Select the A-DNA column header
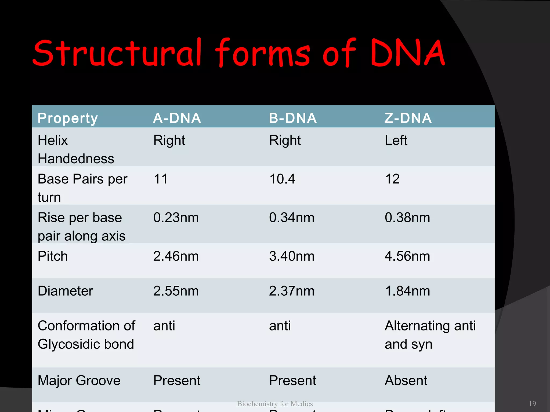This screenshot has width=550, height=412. (177, 118)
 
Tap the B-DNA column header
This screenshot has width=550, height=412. (293, 118)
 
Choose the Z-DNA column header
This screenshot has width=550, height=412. (408, 118)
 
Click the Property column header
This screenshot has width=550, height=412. (68, 118)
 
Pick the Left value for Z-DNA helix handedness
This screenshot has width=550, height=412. (396, 140)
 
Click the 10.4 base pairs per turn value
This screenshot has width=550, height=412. (282, 179)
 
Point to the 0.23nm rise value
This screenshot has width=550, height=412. (176, 218)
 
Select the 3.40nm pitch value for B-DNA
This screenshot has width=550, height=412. (292, 256)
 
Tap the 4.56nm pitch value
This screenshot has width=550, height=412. (407, 256)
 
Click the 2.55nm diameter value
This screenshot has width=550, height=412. (176, 291)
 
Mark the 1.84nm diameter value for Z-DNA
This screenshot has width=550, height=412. (407, 291)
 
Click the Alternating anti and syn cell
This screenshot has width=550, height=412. (430, 335)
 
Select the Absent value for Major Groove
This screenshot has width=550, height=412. (406, 381)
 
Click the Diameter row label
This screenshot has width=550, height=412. (65, 291)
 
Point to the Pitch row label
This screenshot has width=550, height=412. (53, 256)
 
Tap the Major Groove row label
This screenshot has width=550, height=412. (79, 381)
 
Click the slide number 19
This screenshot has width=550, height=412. (532, 404)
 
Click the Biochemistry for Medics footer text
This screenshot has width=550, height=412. (275, 404)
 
